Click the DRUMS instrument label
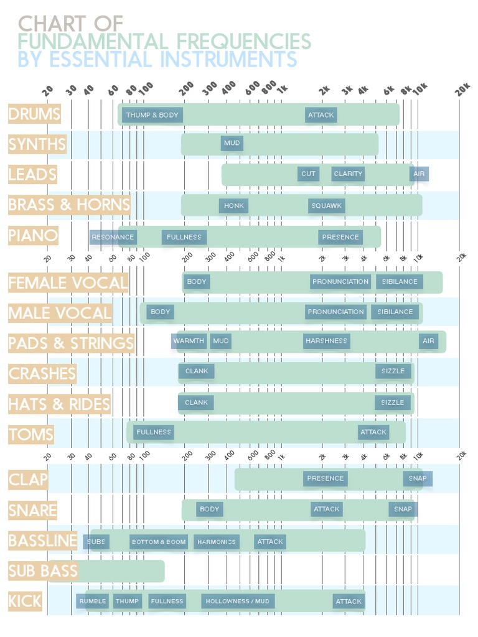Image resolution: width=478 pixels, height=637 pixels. click(34, 114)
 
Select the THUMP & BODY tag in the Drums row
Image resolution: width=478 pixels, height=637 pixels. click(152, 115)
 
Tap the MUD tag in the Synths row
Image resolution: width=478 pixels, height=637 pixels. click(232, 144)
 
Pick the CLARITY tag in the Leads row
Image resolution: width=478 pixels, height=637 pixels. click(348, 174)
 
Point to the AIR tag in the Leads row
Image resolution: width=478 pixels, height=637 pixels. click(419, 174)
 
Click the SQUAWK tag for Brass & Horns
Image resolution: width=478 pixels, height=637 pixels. click(327, 206)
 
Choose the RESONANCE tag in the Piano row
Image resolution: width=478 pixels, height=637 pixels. click(113, 237)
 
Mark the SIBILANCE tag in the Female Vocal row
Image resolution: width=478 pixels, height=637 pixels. click(400, 282)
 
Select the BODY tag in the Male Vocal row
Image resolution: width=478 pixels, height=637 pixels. click(160, 312)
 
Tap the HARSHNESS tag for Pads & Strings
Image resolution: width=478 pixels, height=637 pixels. click(326, 341)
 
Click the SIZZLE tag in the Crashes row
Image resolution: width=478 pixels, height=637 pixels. click(393, 371)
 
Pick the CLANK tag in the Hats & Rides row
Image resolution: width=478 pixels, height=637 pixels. click(196, 402)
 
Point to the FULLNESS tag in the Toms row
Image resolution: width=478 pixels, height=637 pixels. click(153, 432)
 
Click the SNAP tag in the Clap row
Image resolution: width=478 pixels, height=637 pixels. click(417, 478)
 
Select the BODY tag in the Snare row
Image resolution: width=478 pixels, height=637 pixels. click(209, 509)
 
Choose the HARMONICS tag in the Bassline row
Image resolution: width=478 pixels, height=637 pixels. click(217, 542)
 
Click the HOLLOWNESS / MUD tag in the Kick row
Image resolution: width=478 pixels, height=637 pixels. click(237, 602)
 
